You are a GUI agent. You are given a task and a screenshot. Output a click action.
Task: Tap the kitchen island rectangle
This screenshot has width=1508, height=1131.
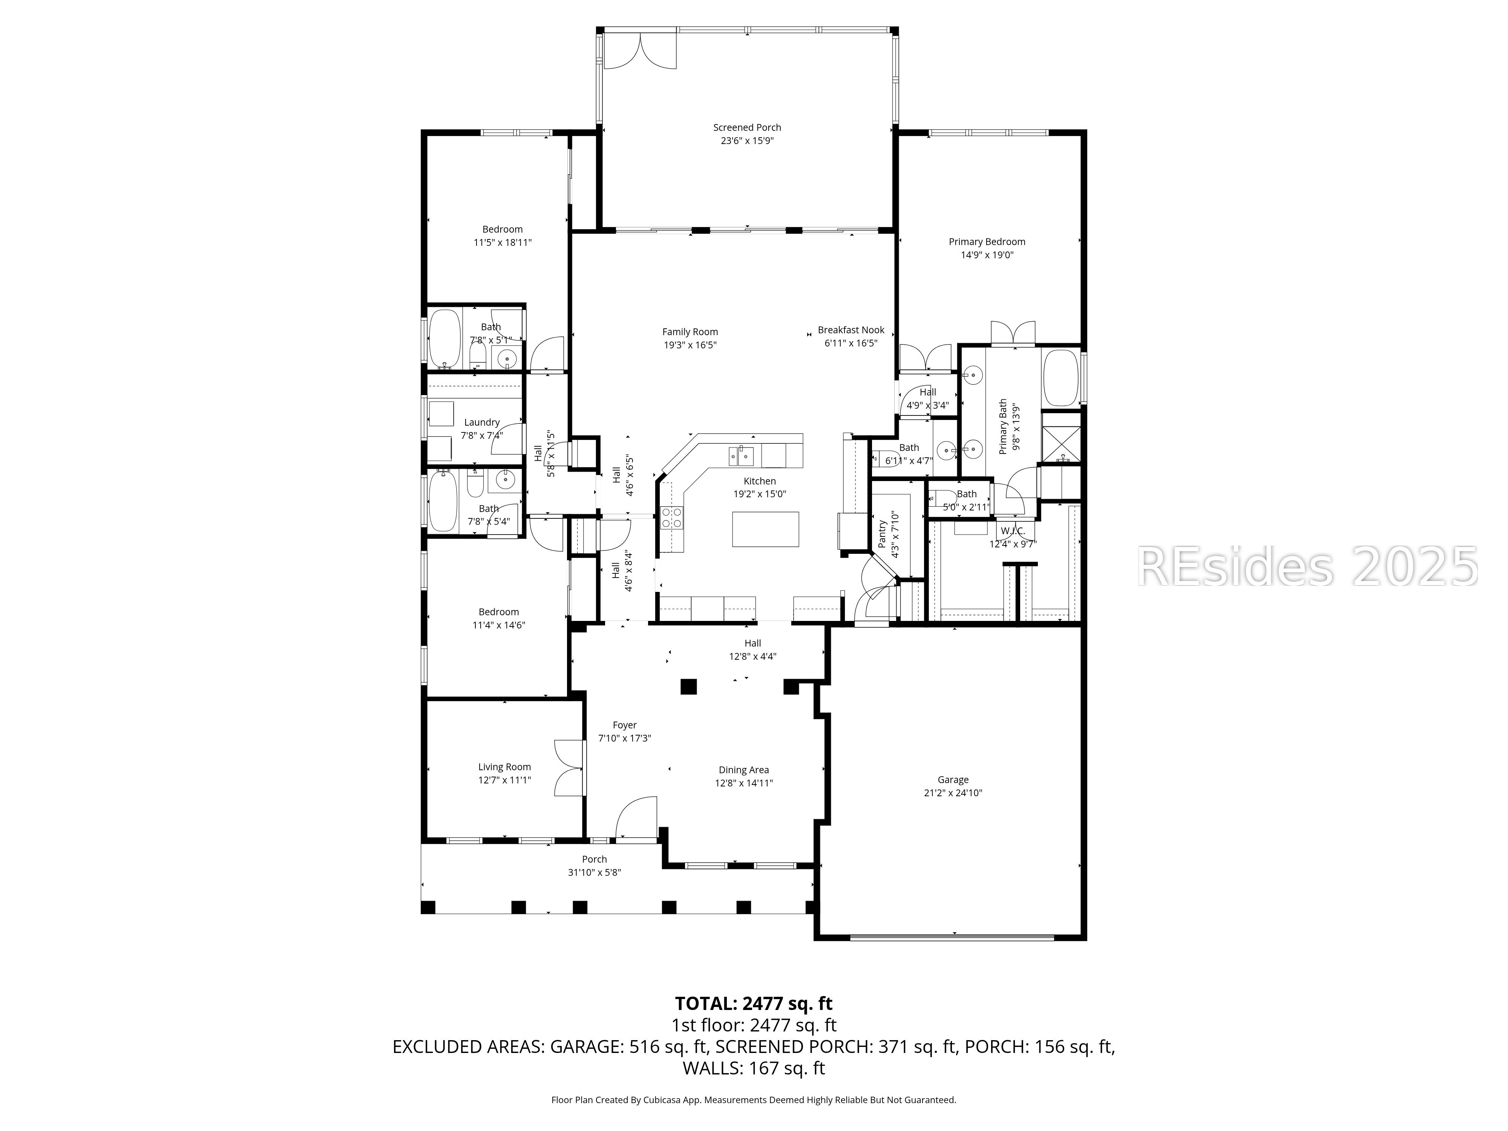coord(765,529)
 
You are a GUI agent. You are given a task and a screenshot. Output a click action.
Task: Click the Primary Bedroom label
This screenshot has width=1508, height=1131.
coord(987,242)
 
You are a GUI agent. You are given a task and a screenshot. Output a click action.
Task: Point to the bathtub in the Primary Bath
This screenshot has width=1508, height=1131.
coord(1060,379)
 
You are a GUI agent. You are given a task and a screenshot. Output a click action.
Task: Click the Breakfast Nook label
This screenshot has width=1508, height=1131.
coord(851,330)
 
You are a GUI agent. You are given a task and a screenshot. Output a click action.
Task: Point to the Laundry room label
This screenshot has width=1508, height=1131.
coord(481,423)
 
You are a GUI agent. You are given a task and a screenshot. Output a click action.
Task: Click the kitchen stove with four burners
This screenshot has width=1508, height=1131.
coord(671,518)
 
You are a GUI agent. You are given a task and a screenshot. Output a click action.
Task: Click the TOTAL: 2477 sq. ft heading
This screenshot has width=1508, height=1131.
coord(753,1004)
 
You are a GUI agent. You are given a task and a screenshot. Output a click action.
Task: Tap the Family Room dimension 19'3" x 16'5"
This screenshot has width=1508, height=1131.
coord(690,345)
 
